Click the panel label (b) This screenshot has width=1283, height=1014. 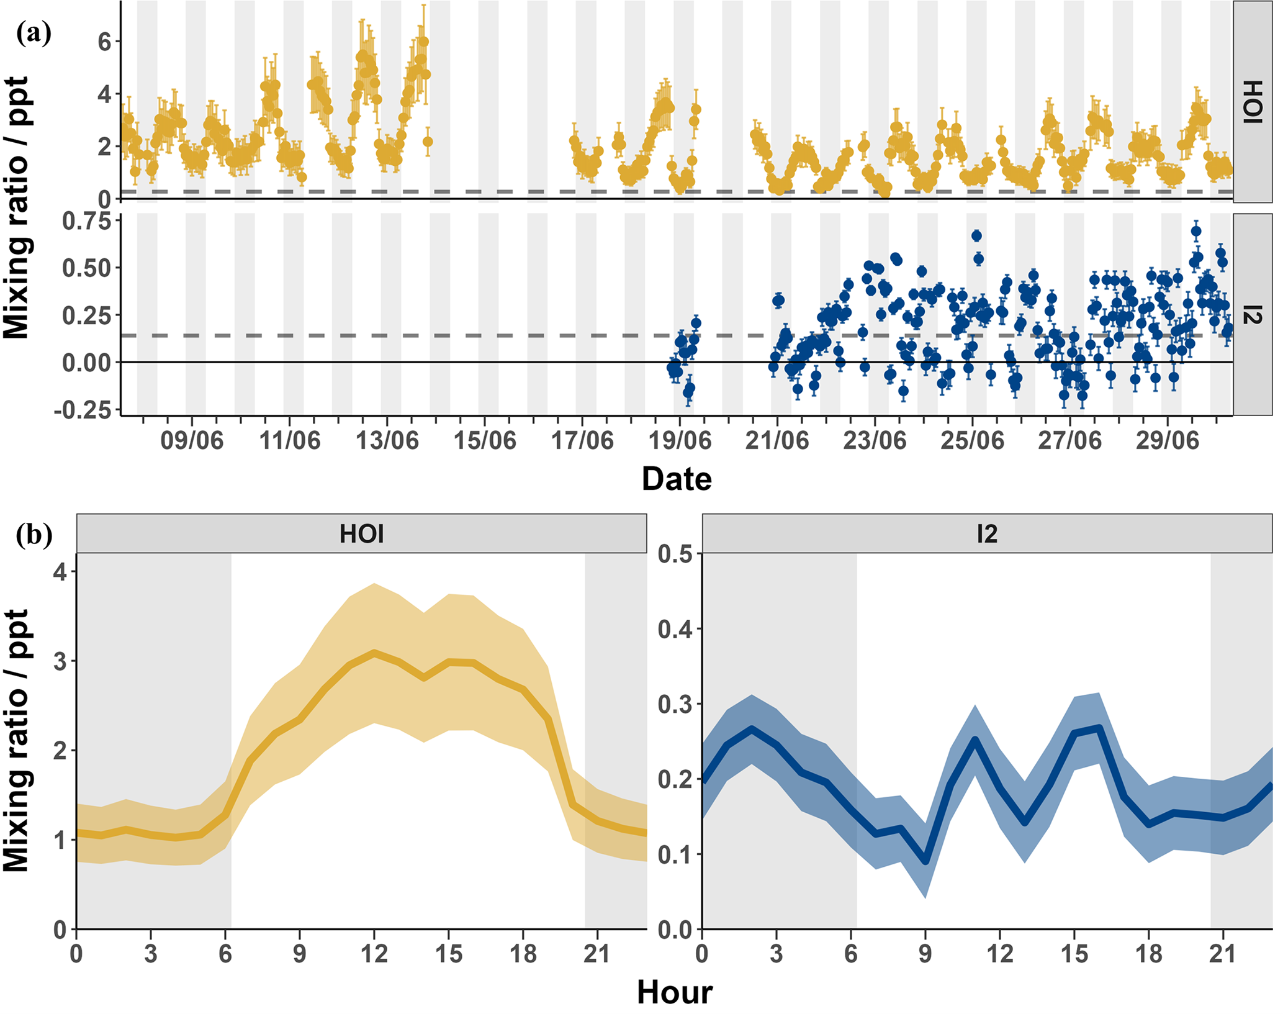[x=35, y=535]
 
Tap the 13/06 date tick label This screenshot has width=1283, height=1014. [x=387, y=441]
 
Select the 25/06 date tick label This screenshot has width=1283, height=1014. [x=972, y=441]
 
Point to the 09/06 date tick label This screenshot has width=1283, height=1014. [x=192, y=441]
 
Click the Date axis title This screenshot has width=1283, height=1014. [x=677, y=479]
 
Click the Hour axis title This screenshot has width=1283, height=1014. [x=675, y=992]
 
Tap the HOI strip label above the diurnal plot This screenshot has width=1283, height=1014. [x=361, y=534]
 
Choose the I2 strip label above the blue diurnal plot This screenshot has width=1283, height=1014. [x=987, y=534]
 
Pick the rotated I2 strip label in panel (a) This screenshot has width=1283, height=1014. [x=1253, y=315]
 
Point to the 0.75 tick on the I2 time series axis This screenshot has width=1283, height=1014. [x=86, y=222]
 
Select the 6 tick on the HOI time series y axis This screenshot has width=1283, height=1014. [x=104, y=42]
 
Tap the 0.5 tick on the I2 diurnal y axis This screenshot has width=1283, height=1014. [x=675, y=554]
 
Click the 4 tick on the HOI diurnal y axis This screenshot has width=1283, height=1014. [x=60, y=571]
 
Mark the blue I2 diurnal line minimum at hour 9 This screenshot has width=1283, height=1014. [x=925, y=861]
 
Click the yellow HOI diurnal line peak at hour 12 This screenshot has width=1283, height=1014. [x=374, y=653]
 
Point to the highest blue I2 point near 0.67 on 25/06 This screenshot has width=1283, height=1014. [x=976, y=236]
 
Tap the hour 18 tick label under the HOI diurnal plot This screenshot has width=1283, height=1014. [x=523, y=954]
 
